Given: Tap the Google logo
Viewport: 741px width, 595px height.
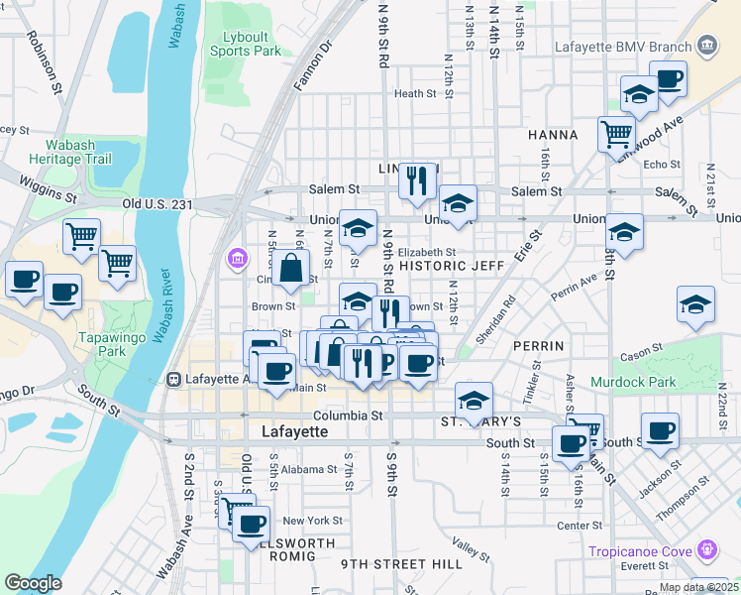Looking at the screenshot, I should tap(33, 583).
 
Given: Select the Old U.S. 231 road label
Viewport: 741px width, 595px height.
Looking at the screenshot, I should tap(158, 203).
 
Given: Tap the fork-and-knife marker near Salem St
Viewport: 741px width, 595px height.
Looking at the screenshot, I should tap(417, 180).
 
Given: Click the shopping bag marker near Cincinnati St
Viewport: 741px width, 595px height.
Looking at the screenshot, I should tap(292, 269).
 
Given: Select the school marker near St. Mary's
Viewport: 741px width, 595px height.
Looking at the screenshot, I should tap(475, 401).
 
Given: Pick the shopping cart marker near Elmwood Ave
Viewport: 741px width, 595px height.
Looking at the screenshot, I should tap(616, 132).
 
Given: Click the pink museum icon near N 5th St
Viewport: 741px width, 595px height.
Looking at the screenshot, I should tap(237, 259).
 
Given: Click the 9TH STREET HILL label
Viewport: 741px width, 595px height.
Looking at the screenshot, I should tap(402, 563).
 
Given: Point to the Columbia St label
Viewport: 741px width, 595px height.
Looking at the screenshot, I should tap(349, 416).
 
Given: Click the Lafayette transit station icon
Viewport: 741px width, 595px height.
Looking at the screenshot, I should tap(174, 378).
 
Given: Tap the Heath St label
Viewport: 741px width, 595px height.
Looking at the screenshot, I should tap(415, 94).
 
